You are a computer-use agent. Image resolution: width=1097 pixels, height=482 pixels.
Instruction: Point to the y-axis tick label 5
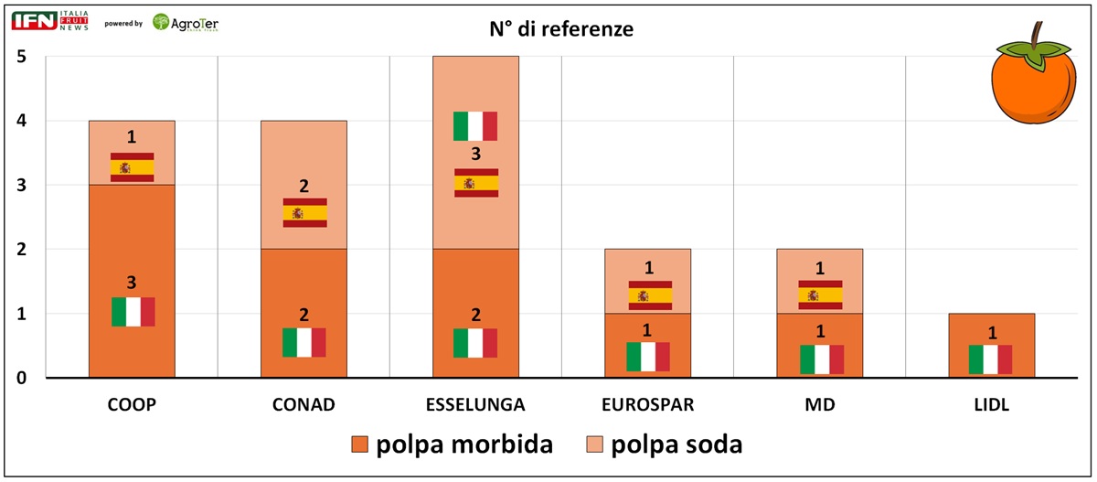click(21, 57)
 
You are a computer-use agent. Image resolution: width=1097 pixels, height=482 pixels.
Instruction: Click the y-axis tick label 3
click(21, 186)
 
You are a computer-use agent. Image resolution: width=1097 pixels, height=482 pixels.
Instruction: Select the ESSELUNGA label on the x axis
click(475, 405)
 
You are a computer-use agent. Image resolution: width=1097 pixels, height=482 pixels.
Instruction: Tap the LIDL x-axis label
click(991, 405)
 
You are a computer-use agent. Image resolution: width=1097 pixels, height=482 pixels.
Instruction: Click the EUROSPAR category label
click(647, 405)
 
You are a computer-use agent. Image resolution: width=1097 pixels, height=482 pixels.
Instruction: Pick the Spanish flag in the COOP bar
click(132, 167)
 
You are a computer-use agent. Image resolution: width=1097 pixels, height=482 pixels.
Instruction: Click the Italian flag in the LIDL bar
click(991, 359)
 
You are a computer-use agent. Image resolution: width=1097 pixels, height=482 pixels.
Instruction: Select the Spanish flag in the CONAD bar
click(304, 213)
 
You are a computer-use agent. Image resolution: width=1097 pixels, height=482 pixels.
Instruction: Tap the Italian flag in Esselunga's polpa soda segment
click(475, 126)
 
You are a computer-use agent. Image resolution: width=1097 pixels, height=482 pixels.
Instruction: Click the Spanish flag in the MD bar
click(820, 295)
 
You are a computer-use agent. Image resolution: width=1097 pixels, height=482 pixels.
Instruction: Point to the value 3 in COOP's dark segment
click(132, 284)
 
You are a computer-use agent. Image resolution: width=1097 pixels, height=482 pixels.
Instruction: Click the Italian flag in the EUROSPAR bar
click(648, 357)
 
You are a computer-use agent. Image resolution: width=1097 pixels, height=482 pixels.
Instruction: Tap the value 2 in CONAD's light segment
click(304, 187)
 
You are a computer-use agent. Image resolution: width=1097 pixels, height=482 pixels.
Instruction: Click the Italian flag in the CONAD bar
click(304, 343)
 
